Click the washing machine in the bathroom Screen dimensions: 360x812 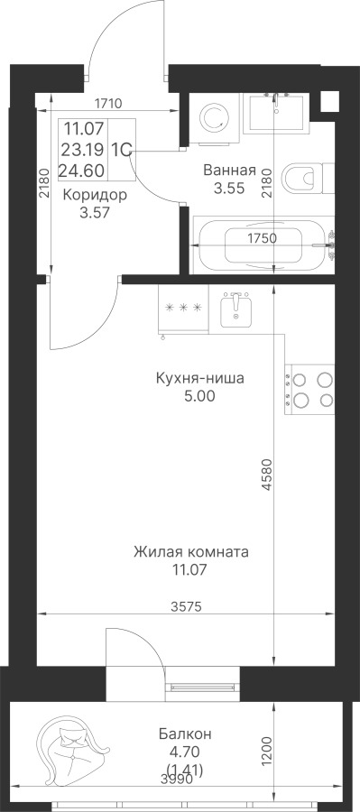tap(214, 118)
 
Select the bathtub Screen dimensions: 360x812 tap(263, 245)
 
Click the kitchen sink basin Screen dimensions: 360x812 tap(235, 309)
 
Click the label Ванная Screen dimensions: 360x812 tap(229, 171)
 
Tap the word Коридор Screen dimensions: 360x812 tap(95, 195)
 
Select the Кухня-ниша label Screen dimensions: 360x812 tap(199, 379)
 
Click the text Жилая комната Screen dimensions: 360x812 tap(190, 551)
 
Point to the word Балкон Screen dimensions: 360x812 tap(185, 734)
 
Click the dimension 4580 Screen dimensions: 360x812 tap(267, 474)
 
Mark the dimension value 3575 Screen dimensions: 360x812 tap(186, 605)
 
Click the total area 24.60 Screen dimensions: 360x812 tap(83, 170)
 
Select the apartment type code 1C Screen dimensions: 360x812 tap(120, 150)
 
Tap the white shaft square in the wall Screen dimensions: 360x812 tap(329, 101)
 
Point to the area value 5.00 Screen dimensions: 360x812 tap(199, 396)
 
